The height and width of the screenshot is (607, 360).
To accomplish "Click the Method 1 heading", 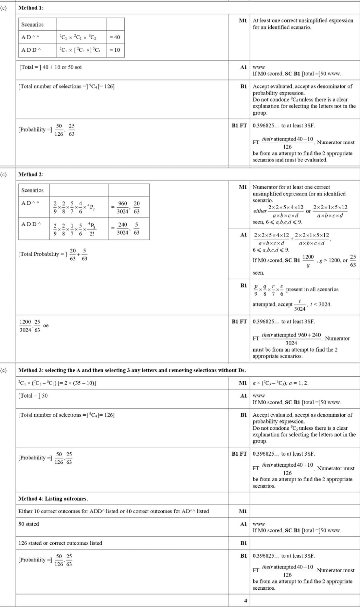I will click(x=31, y=8).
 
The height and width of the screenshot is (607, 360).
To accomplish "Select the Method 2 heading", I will click(x=31, y=174).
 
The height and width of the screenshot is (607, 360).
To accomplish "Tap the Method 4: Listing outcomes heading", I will click(x=53, y=498).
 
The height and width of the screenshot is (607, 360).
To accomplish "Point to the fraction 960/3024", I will click(x=123, y=207).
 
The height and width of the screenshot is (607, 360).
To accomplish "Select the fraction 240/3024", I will click(x=123, y=228).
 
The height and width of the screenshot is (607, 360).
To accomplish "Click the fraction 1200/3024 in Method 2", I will click(x=25, y=326).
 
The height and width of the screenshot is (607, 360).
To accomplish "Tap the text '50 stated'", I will click(x=28, y=524).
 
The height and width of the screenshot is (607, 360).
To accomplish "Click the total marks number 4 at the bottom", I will click(x=245, y=600).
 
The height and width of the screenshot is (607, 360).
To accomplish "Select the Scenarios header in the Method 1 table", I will click(x=32, y=25).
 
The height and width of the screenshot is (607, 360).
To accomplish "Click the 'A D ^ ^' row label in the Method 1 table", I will click(x=30, y=37).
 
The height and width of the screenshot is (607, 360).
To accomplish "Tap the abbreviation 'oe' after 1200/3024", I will click(x=46, y=325).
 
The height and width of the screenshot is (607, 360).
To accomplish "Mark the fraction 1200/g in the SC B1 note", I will click(x=308, y=261).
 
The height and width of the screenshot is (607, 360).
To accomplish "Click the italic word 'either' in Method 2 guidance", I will click(x=260, y=211).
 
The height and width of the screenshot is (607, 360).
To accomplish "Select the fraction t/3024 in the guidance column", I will click(x=299, y=305).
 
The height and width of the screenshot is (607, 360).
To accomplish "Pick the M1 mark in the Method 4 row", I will click(x=243, y=511).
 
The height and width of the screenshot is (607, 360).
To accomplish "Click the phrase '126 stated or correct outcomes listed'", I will click(x=60, y=543).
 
